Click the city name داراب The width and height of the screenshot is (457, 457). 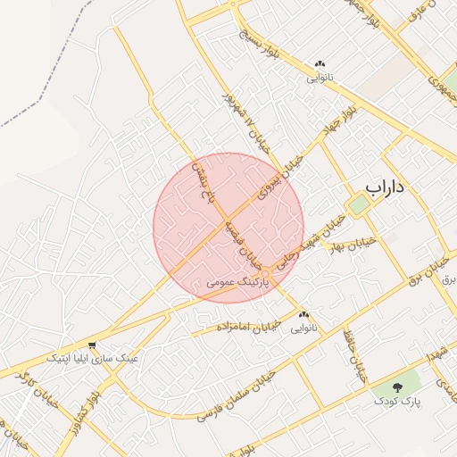(x=386, y=188)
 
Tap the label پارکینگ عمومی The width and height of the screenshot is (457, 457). (x=235, y=280)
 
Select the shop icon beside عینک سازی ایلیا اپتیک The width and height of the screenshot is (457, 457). (x=92, y=345)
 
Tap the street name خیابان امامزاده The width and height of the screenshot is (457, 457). (x=247, y=326)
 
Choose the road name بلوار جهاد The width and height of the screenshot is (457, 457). (x=340, y=120)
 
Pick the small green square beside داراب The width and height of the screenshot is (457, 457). (x=359, y=204)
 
